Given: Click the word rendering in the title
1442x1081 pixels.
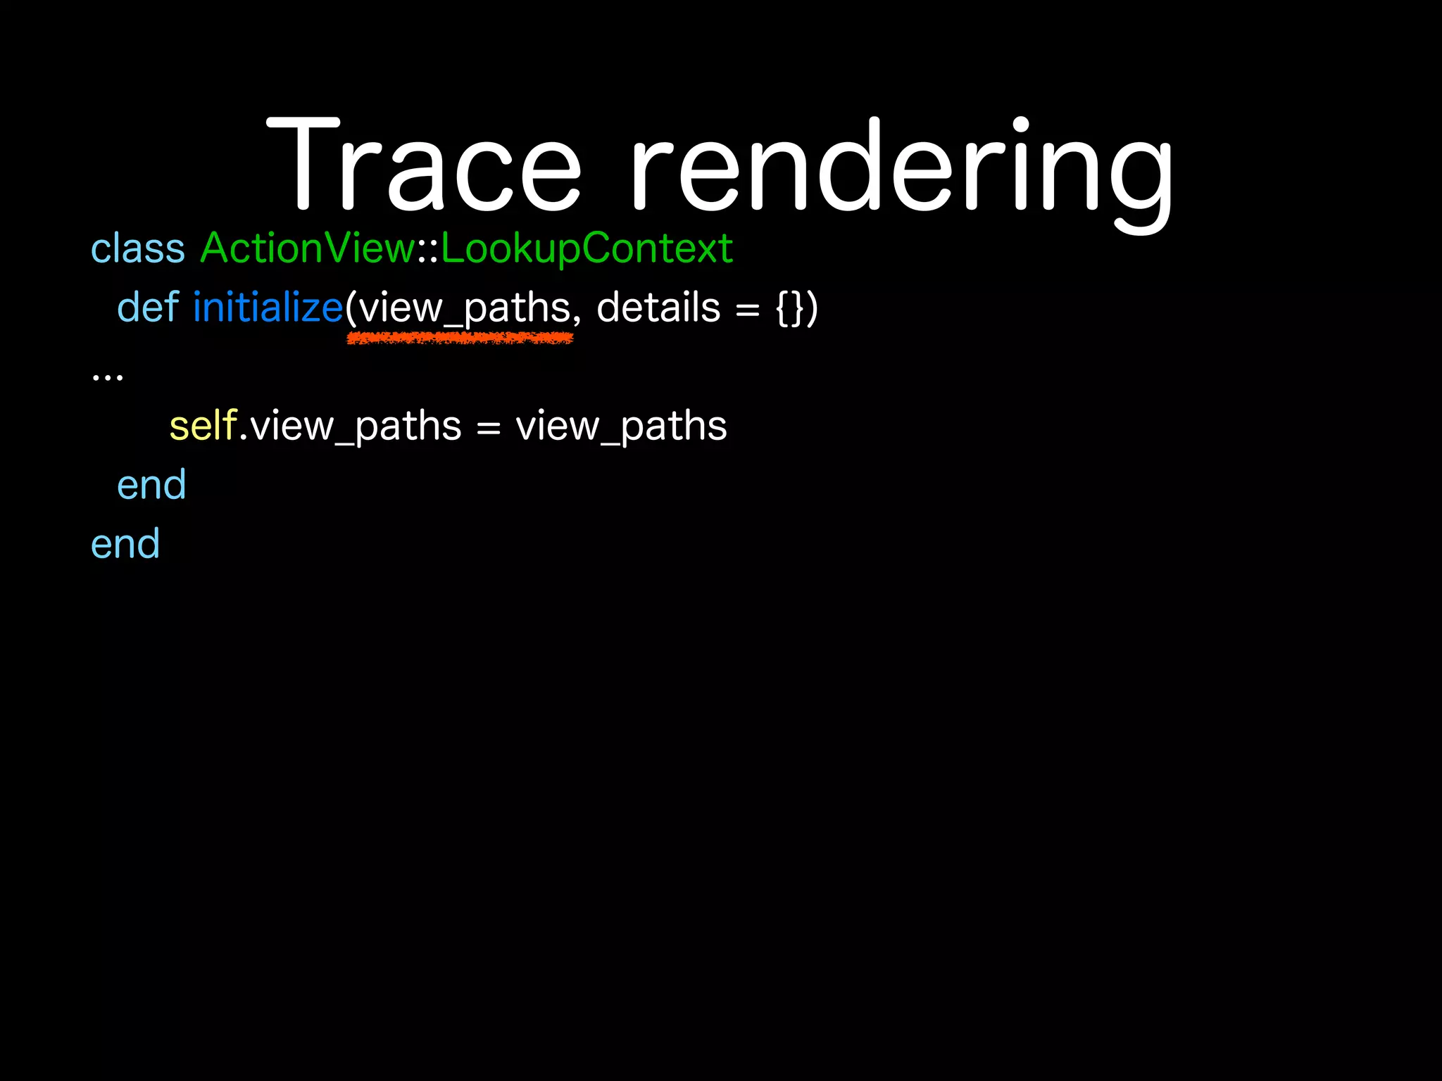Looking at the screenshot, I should point(901,169).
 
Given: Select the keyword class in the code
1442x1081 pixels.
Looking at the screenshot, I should point(138,249).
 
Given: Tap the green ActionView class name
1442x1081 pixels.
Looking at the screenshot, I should point(308,248).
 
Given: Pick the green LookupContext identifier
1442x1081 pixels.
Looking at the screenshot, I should point(587,249).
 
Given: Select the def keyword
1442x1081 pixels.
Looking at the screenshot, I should point(148,308).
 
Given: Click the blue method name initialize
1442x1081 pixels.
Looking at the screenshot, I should point(268,308).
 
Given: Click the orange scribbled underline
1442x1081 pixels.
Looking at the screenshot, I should point(460,339).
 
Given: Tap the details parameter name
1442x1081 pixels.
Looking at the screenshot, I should point(658,308).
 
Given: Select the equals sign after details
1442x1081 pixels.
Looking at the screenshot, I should point(747,310).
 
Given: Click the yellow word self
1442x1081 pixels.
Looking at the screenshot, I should point(203,426).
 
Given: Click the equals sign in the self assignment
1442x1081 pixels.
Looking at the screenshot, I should point(488,428).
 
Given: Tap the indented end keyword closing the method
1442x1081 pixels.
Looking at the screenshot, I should point(151,486).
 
